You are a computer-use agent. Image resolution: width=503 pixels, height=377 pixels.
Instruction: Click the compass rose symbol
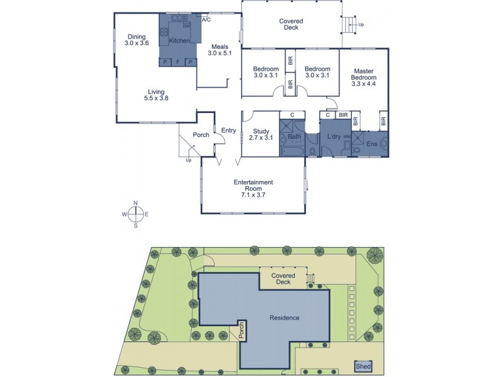[135, 214]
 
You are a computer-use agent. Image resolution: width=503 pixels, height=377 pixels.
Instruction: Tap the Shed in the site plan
[362, 366]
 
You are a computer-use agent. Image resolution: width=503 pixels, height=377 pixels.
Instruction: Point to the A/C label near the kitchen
[206, 20]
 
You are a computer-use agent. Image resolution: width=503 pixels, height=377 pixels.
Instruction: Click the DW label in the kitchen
[186, 26]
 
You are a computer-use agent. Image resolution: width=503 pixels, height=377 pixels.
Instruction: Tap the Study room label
[260, 134]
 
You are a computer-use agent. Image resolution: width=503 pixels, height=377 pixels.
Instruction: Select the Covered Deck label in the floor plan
[291, 25]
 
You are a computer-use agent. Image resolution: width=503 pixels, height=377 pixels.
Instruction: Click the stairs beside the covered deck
[348, 25]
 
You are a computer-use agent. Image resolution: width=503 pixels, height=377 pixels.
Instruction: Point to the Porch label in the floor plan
[201, 135]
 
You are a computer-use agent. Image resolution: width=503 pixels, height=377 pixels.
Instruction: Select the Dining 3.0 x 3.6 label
[136, 40]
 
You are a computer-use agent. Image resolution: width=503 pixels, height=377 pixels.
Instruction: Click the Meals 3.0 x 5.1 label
[219, 50]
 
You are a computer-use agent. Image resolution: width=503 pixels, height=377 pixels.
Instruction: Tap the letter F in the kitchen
[178, 62]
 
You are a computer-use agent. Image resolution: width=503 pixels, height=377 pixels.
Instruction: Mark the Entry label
[228, 131]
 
